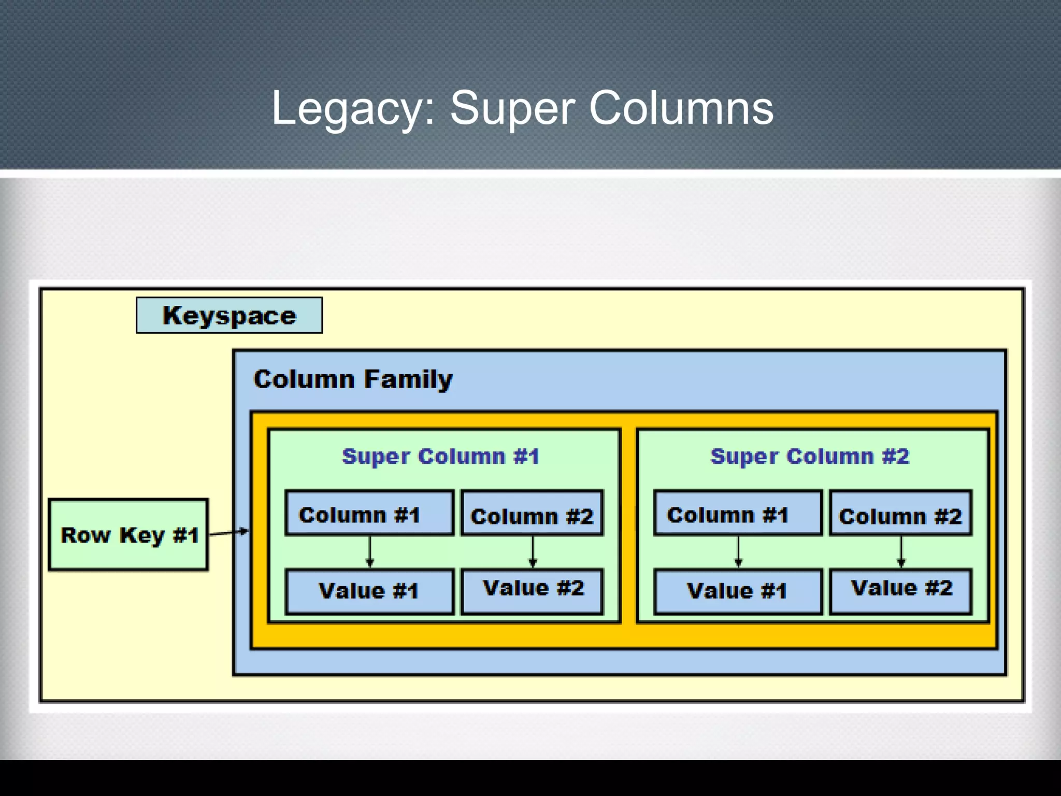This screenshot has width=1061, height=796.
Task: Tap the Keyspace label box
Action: coord(229,315)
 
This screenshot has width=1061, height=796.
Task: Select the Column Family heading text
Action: coord(353,379)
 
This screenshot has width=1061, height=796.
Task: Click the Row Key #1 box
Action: coord(128,535)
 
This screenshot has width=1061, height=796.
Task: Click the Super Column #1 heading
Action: coord(440,457)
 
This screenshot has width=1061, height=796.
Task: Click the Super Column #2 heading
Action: coord(809,457)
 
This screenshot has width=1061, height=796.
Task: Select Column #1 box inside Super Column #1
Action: coord(369,513)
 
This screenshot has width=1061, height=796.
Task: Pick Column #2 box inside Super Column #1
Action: coord(532,514)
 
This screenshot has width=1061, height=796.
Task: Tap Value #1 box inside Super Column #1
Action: coord(369,591)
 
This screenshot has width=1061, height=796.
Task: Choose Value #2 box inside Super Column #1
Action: coord(532,590)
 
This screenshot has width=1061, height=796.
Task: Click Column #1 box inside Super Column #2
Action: coord(738,513)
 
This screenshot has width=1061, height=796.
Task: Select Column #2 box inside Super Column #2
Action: coord(900,514)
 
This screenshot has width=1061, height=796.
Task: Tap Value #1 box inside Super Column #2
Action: coord(738,591)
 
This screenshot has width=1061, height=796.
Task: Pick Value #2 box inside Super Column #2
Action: coord(900,590)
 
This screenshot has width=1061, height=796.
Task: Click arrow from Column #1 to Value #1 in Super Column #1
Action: coord(370,552)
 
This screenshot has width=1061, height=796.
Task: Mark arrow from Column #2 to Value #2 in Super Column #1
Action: coord(533,552)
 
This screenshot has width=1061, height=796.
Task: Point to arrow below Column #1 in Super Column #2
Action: coord(739,552)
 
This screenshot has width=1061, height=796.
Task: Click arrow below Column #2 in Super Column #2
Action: coord(901,552)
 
